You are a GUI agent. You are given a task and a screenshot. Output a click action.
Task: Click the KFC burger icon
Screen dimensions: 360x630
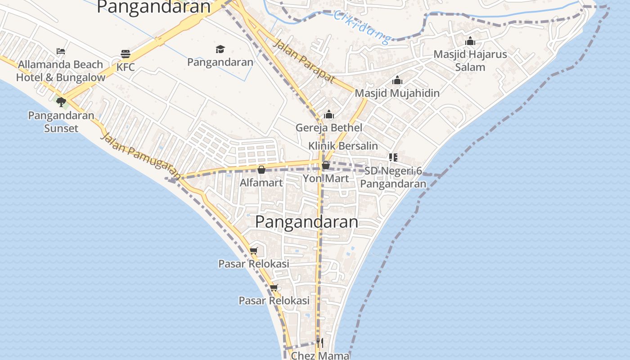(126, 54)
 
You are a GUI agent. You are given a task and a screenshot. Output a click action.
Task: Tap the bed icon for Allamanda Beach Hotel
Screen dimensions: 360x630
(61, 51)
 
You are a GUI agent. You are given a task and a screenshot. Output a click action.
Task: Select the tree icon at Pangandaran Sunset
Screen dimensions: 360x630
(61, 102)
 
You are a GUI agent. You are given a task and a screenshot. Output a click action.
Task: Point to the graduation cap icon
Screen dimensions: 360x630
(220, 49)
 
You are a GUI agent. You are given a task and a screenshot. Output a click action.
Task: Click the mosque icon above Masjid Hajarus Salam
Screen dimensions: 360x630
(470, 41)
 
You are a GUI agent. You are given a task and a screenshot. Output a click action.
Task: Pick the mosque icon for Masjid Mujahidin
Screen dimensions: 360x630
(397, 81)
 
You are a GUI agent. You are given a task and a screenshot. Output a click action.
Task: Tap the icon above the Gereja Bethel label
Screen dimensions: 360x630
(329, 114)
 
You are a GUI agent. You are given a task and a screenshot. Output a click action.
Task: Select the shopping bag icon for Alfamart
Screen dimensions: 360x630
(261, 170)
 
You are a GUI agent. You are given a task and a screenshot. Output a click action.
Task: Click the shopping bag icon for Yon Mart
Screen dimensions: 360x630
(326, 165)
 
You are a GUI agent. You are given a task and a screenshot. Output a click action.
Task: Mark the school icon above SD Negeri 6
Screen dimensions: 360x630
(393, 157)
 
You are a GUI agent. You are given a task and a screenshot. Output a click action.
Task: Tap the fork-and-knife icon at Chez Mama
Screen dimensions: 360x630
(319, 343)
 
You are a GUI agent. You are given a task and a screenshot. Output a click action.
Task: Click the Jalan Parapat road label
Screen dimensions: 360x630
(304, 61)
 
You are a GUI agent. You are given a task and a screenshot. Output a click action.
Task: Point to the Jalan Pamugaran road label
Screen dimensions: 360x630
(141, 156)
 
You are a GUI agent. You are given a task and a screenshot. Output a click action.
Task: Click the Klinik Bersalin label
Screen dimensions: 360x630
(343, 146)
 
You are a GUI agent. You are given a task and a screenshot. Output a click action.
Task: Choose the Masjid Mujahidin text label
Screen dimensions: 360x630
(397, 93)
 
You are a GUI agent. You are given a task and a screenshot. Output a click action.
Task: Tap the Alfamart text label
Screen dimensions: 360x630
(261, 183)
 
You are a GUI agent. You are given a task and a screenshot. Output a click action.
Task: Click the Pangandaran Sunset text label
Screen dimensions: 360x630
(61, 122)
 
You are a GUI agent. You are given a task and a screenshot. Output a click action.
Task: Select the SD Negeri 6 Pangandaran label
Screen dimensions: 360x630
(393, 177)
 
